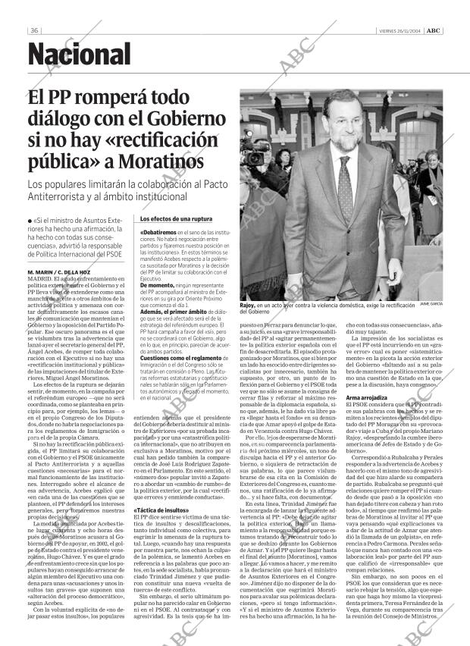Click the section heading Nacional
point(79,55)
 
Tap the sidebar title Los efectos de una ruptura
point(171,219)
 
